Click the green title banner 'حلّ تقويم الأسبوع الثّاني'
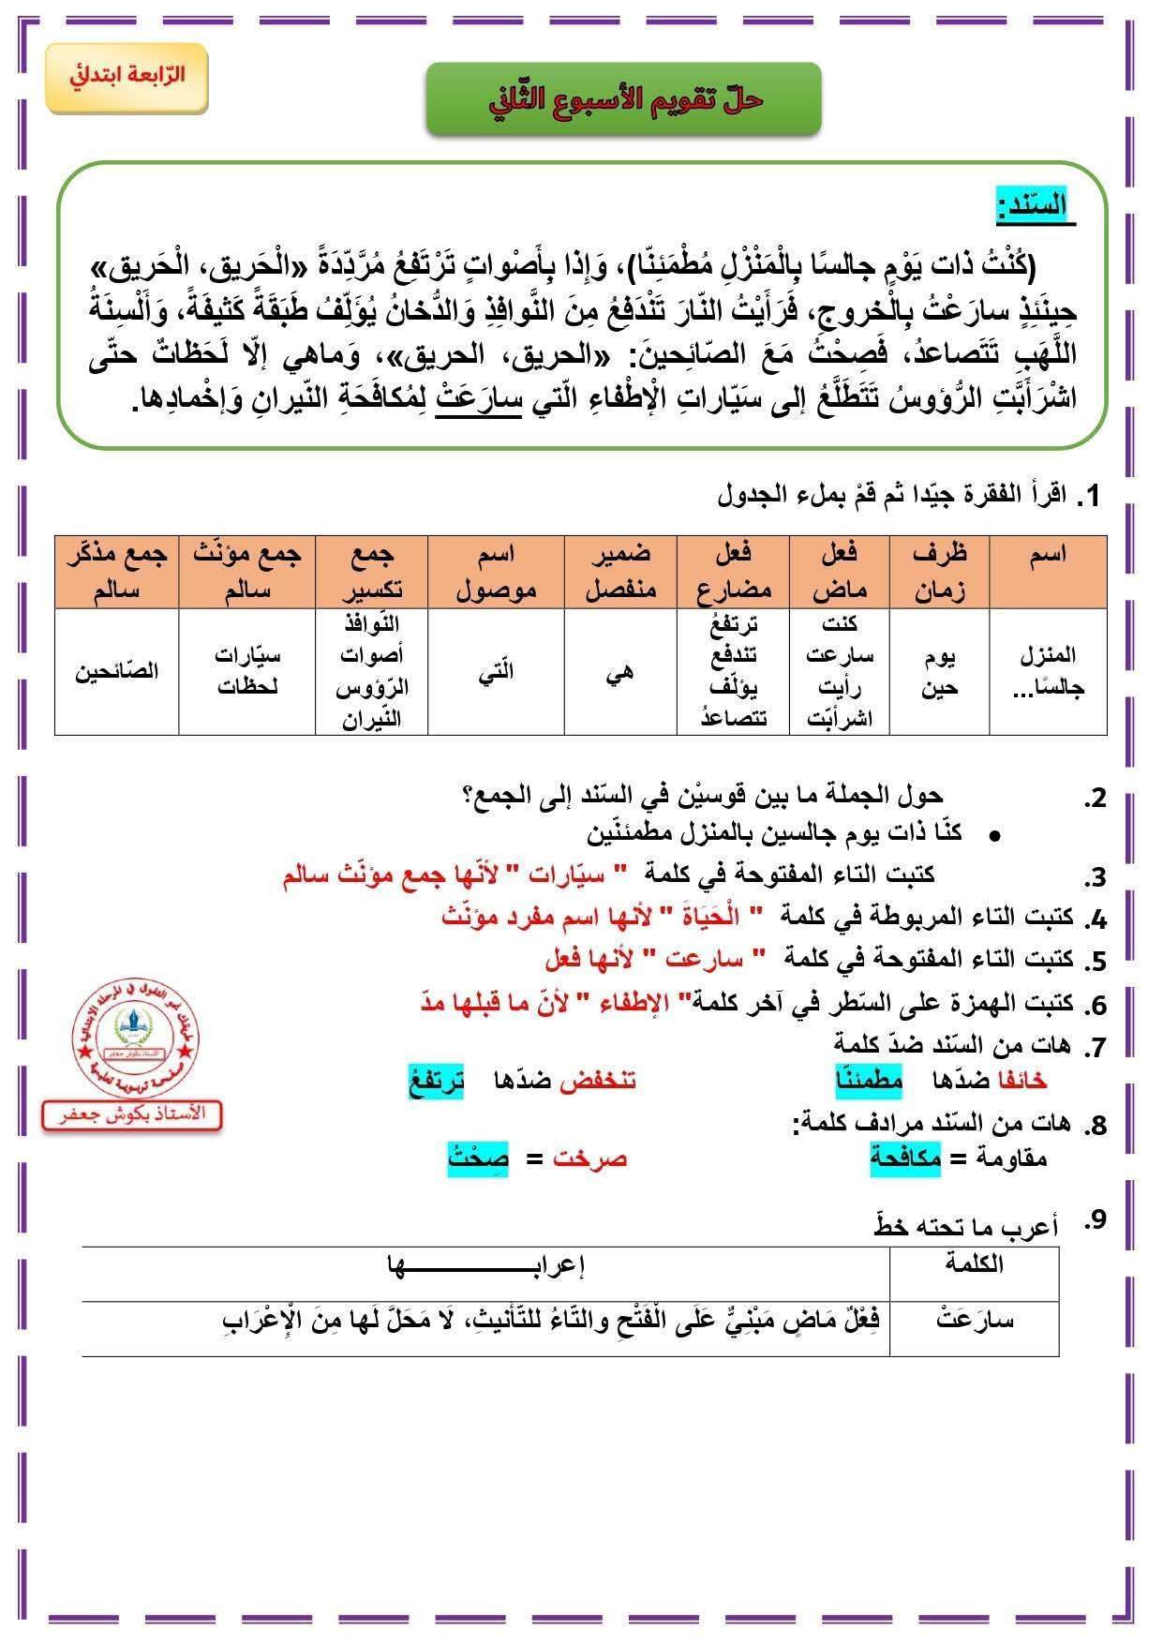(x=623, y=98)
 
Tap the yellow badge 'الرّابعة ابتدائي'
(x=127, y=77)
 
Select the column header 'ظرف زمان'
(x=939, y=572)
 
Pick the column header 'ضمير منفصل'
(x=620, y=572)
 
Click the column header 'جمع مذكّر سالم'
(x=117, y=572)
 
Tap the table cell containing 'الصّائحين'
(x=117, y=671)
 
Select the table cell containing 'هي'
(x=620, y=671)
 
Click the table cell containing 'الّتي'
(x=496, y=671)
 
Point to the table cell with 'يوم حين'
(x=939, y=671)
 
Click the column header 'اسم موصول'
(x=496, y=572)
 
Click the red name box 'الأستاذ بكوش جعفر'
(x=131, y=1114)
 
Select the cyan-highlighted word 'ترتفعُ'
(x=436, y=1081)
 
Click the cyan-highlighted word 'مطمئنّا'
(x=869, y=1081)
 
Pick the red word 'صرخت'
(x=589, y=1158)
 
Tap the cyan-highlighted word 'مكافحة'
(x=905, y=1158)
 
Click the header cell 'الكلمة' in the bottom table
(x=975, y=1263)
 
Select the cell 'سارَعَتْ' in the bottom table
(x=975, y=1322)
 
